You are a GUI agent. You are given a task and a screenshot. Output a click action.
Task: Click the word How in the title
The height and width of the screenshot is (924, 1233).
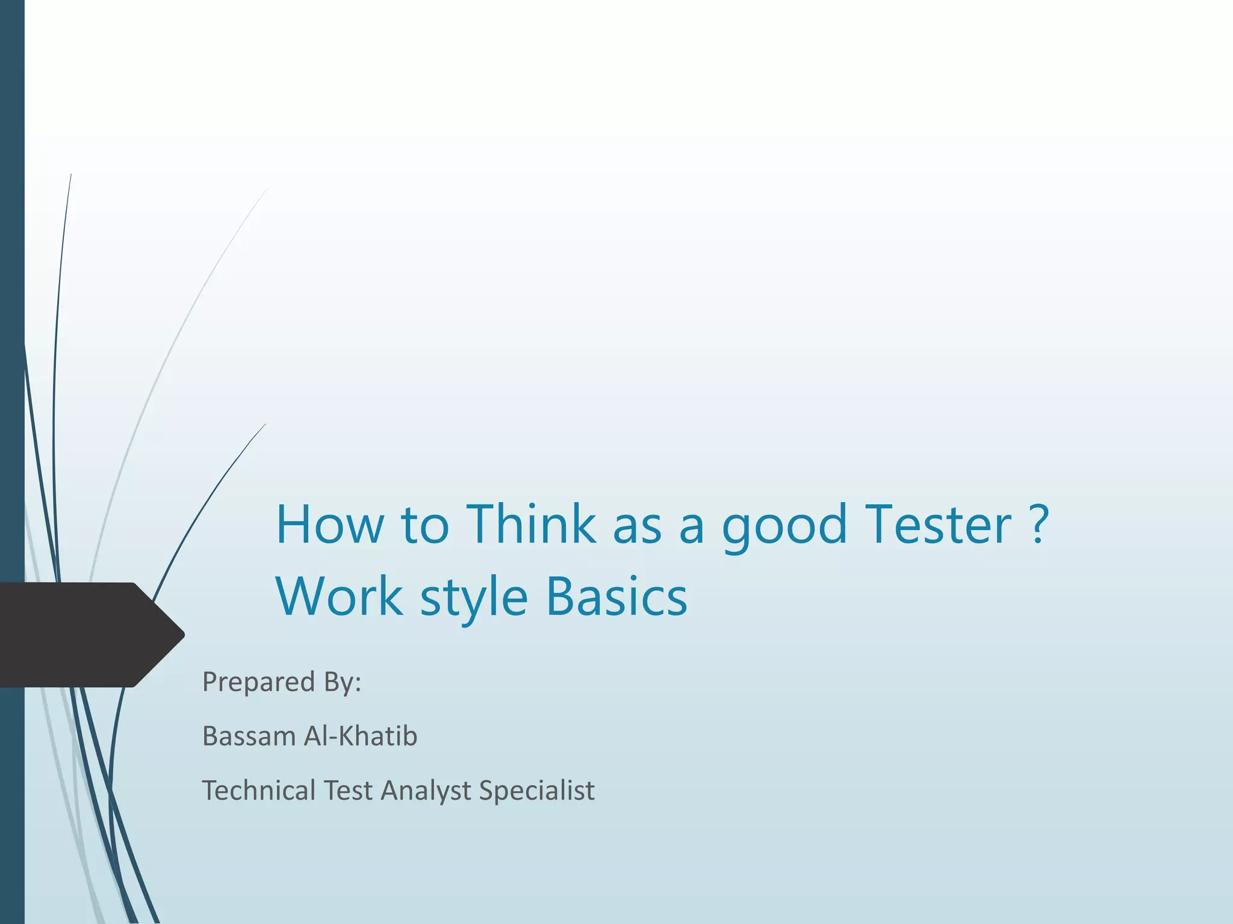click(x=329, y=525)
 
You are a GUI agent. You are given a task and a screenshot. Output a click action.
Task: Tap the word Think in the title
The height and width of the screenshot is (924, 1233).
click(x=531, y=525)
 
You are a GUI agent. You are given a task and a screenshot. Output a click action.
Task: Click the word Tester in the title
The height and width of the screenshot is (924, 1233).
click(x=937, y=525)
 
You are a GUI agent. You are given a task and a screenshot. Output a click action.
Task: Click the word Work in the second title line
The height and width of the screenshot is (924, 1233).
click(x=339, y=597)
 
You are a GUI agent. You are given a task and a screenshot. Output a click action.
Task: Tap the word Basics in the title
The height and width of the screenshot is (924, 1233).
click(x=616, y=597)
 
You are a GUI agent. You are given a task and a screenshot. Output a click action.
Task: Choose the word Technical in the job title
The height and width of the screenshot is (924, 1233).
click(x=258, y=790)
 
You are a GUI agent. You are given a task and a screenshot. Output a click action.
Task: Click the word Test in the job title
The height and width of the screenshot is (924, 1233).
click(x=347, y=790)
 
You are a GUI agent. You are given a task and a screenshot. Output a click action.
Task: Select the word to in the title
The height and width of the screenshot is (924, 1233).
click(x=425, y=525)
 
